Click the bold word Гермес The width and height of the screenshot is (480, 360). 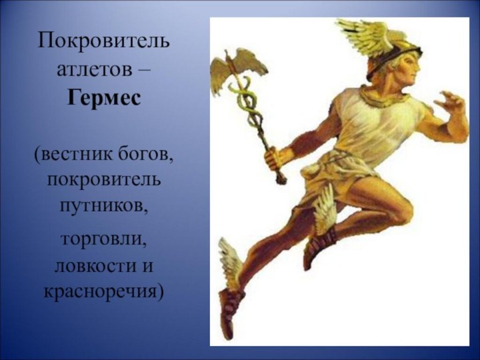click(103, 99)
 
